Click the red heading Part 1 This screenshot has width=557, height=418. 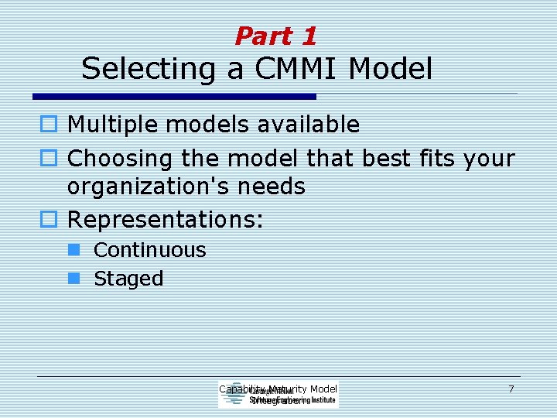coord(275,36)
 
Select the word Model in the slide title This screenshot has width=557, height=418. coord(390,69)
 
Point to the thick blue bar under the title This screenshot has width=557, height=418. coord(174,97)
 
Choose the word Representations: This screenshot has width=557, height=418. coord(166,219)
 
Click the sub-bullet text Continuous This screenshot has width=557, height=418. coord(149,250)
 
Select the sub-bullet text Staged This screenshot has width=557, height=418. coord(128,279)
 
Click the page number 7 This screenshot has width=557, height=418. coord(511,389)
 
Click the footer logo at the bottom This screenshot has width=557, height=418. coord(278,395)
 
